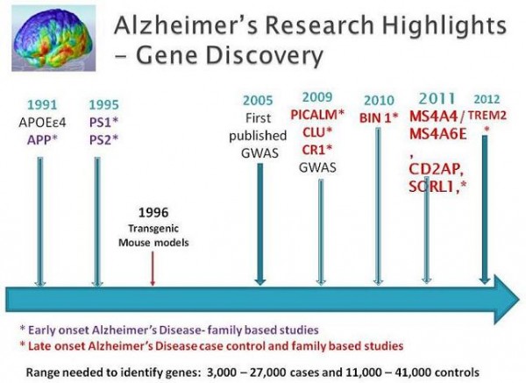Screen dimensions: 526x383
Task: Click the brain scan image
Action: point(53,39)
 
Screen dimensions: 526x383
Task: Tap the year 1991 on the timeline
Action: point(42,105)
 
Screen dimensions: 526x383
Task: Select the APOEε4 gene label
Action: point(42,123)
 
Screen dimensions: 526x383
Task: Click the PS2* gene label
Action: point(104,139)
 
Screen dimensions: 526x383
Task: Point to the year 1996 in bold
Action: point(153,212)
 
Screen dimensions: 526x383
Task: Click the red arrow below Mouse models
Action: point(153,269)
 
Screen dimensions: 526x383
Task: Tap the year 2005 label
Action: point(258,100)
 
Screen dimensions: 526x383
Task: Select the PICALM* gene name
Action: point(317,115)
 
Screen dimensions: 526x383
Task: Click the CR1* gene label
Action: point(317,150)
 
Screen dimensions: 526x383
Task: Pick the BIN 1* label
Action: point(379,117)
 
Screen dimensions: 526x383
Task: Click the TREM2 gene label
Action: point(487,116)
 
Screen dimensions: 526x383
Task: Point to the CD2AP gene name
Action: point(436,169)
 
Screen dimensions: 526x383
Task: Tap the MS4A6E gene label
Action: point(438,134)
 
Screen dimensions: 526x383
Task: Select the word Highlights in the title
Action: point(444,25)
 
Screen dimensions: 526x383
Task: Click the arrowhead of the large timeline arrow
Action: point(507,299)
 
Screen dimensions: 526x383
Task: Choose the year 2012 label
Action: point(487,99)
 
